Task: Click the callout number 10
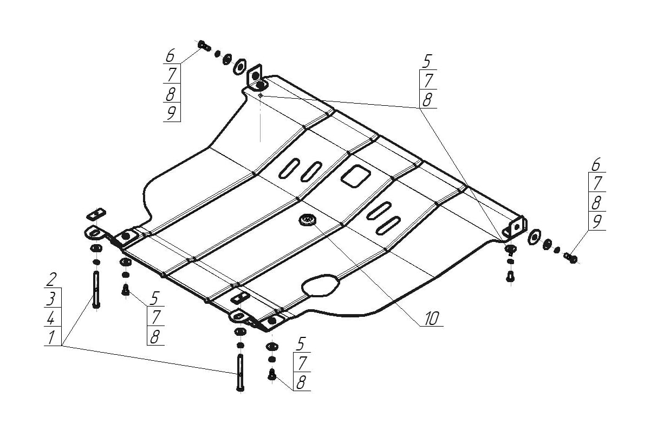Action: pyautogui.click(x=431, y=318)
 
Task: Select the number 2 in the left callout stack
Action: pyautogui.click(x=51, y=280)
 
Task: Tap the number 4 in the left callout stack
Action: pyautogui.click(x=51, y=317)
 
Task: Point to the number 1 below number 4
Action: pyautogui.click(x=51, y=337)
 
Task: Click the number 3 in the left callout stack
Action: pyautogui.click(x=51, y=298)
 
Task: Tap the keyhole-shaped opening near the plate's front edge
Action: pyautogui.click(x=321, y=285)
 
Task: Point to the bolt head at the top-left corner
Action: pyautogui.click(x=204, y=46)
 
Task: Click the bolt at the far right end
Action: pyautogui.click(x=571, y=257)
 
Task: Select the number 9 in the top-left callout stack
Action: pyautogui.click(x=171, y=113)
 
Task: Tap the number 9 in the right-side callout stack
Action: pyautogui.click(x=596, y=221)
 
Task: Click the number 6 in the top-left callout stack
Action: pyautogui.click(x=171, y=55)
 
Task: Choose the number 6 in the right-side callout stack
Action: pyautogui.click(x=596, y=164)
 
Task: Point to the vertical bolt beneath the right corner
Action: pyautogui.click(x=510, y=277)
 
